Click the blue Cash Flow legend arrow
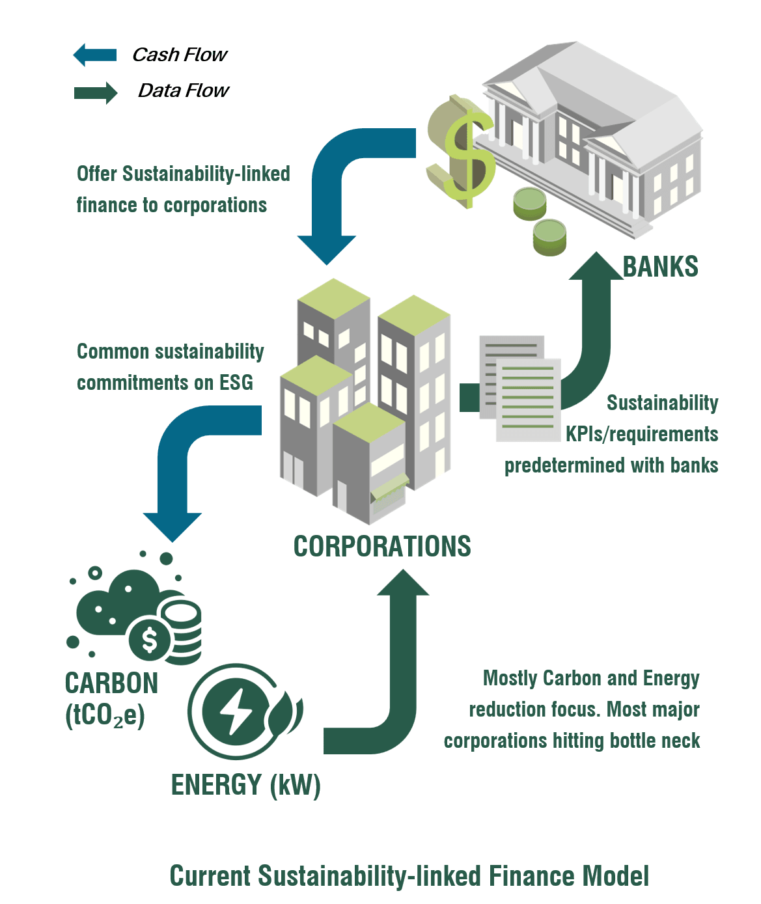[94, 55]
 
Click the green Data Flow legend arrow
[96, 92]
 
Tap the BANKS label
[660, 267]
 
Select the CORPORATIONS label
[382, 546]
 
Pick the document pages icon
[519, 389]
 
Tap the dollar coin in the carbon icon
[150, 640]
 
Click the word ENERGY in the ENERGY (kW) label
[217, 784]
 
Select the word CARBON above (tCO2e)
[111, 683]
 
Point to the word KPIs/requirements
[642, 434]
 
